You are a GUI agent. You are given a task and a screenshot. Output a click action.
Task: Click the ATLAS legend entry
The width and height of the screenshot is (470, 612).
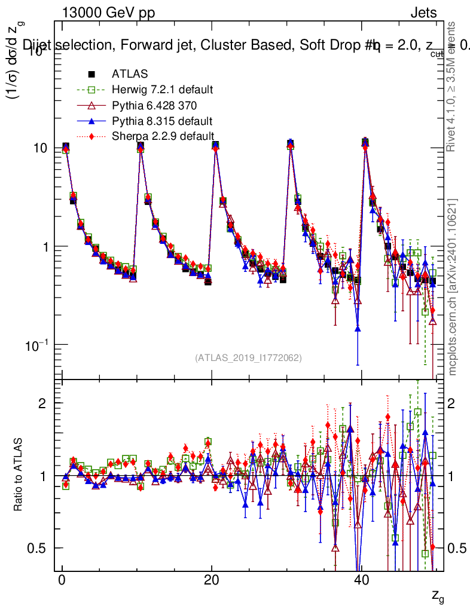click(130, 75)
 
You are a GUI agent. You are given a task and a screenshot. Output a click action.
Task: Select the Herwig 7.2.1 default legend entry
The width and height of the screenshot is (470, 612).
click(162, 90)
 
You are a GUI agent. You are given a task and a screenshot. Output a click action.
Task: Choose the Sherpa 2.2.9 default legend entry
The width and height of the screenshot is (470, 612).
click(163, 136)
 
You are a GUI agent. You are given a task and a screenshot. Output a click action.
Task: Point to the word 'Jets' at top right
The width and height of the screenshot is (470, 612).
click(423, 13)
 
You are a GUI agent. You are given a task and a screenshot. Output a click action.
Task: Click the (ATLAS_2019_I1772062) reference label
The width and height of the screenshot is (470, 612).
click(248, 358)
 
